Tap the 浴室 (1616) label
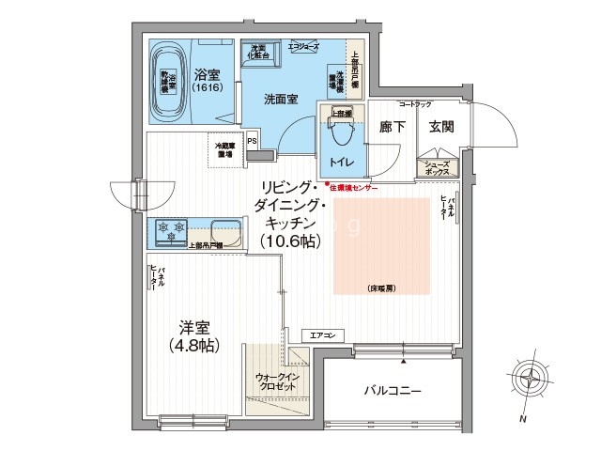pyautogui.click(x=207, y=81)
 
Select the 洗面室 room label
pyautogui.click(x=281, y=97)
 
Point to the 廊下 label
pyautogui.click(x=393, y=127)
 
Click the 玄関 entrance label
pyautogui.click(x=441, y=127)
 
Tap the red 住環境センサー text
pyautogui.click(x=352, y=188)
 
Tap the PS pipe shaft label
pyautogui.click(x=251, y=142)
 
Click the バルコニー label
pyautogui.click(x=393, y=389)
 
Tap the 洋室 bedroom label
pyautogui.click(x=199, y=327)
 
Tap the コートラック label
pyautogui.click(x=415, y=103)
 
